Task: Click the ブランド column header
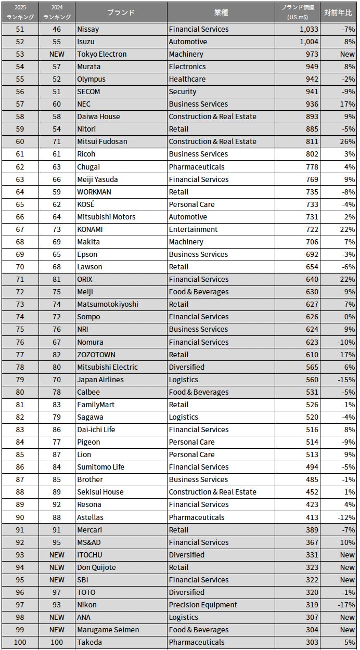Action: click(121, 12)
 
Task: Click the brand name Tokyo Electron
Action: click(101, 54)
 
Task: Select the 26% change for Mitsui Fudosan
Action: click(347, 141)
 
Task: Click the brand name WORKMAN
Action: click(94, 192)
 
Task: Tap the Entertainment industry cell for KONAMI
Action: click(193, 229)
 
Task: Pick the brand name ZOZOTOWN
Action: click(96, 355)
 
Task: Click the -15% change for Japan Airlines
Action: click(346, 380)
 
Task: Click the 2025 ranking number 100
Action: click(20, 642)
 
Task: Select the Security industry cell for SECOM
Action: click(183, 92)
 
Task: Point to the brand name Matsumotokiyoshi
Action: click(107, 304)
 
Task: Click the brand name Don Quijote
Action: click(96, 567)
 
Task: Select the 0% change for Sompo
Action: click(349, 317)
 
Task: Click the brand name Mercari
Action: click(89, 530)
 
